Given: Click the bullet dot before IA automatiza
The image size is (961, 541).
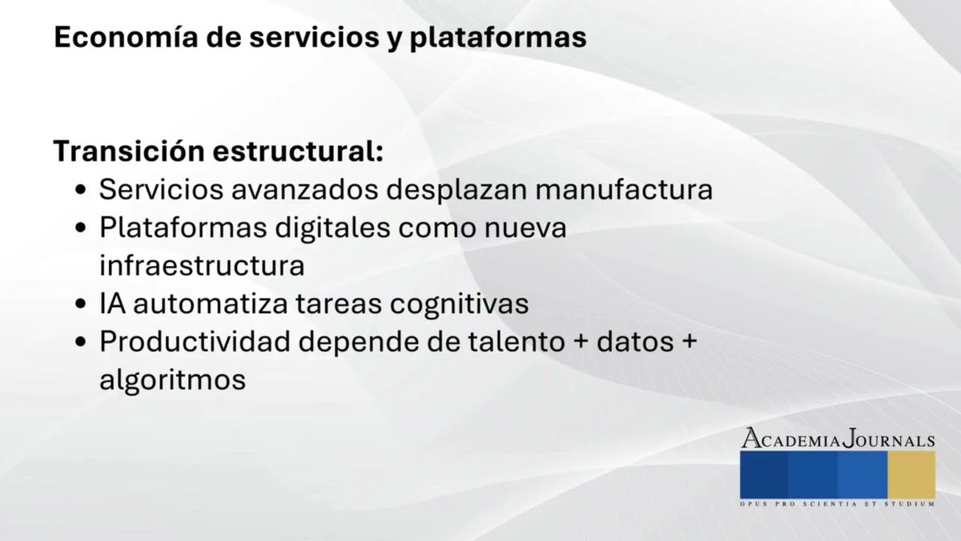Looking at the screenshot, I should [x=81, y=305].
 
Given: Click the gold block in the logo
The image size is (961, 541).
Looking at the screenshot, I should [x=911, y=474].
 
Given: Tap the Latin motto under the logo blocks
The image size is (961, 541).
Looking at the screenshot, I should [x=837, y=504].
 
